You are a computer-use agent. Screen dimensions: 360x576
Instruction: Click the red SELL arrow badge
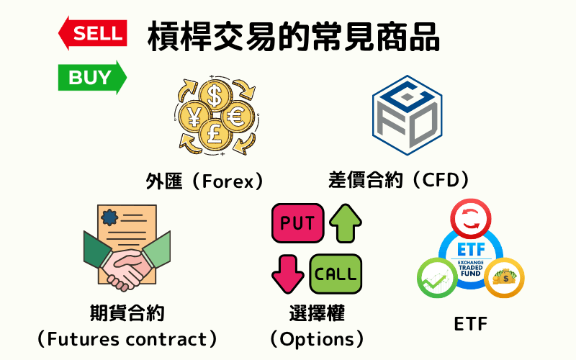pyautogui.click(x=92, y=33)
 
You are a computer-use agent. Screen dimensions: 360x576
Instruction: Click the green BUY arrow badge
pyautogui.click(x=92, y=76)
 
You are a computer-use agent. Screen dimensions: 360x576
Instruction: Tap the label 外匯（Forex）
pyautogui.click(x=204, y=181)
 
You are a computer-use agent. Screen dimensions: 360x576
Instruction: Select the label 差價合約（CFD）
pyautogui.click(x=398, y=179)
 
